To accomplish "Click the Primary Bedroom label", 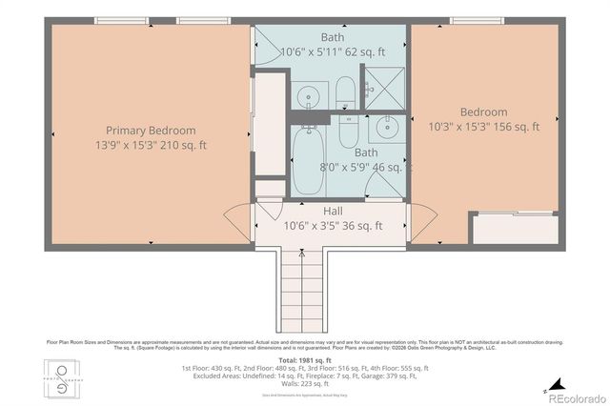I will pyautogui.click(x=151, y=131).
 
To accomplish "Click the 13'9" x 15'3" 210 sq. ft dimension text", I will pyautogui.click(x=151, y=146).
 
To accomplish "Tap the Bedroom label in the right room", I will pyautogui.click(x=483, y=112).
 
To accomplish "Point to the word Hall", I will pyautogui.click(x=333, y=211).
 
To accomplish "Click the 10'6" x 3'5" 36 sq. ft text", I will pyautogui.click(x=333, y=226).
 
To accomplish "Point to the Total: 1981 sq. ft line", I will pyautogui.click(x=304, y=358).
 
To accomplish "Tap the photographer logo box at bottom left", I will pyautogui.click(x=63, y=378).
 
